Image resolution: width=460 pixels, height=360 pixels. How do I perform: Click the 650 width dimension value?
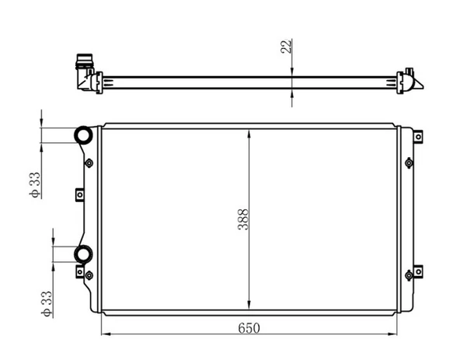[x=249, y=327]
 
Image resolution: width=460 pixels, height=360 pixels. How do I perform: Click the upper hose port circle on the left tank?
[x=83, y=135]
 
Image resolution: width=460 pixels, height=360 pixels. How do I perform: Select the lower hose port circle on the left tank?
[x=82, y=253]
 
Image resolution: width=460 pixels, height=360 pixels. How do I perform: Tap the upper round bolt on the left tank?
[x=89, y=163]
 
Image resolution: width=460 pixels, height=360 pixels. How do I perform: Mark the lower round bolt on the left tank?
[x=89, y=273]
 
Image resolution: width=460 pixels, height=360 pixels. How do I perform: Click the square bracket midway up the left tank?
[x=78, y=195]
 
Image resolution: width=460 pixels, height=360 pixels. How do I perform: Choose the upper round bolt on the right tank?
[x=409, y=163]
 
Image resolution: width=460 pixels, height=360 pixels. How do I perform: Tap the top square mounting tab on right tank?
[x=420, y=137]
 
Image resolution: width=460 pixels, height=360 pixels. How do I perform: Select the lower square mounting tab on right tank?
[x=420, y=271]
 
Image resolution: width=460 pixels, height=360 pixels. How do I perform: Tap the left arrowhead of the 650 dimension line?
[x=105, y=335]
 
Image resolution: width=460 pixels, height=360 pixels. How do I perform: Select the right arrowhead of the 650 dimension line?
[x=394, y=335]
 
